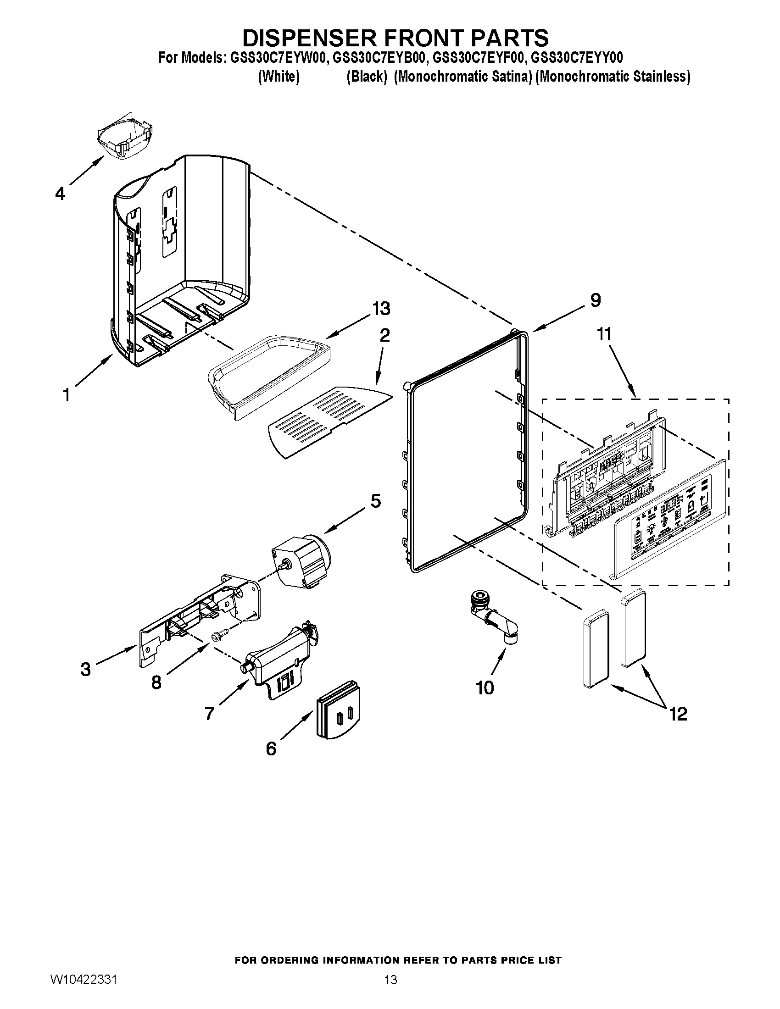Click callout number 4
click(x=60, y=194)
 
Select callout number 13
click(x=381, y=308)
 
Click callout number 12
click(x=678, y=714)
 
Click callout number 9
click(x=596, y=300)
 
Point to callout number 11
click(x=604, y=333)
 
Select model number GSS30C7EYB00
click(x=378, y=58)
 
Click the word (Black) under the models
click(x=367, y=76)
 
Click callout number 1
click(x=67, y=395)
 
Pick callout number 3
click(x=85, y=670)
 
